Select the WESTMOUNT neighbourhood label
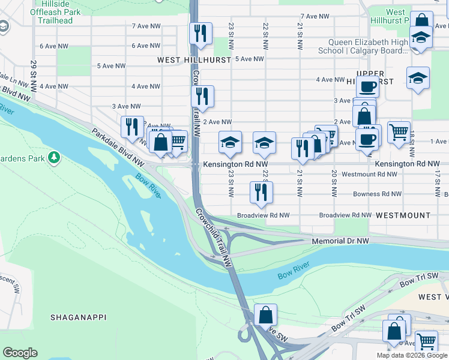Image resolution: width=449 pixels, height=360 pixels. click(x=403, y=215)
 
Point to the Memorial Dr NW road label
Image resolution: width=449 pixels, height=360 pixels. click(x=340, y=241)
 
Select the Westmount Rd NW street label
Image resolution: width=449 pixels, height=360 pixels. click(x=369, y=174)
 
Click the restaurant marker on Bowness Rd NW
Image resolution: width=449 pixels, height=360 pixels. click(x=261, y=192)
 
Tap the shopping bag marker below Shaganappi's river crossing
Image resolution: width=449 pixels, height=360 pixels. click(x=265, y=314)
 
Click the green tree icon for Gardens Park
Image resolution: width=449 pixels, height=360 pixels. click(x=55, y=158)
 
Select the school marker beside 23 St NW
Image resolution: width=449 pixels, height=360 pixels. click(x=230, y=143)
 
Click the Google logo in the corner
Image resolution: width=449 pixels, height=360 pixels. click(x=20, y=353)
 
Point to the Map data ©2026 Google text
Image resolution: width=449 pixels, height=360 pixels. click(x=412, y=355)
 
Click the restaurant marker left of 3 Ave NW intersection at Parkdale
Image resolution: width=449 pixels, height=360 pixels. click(x=132, y=127)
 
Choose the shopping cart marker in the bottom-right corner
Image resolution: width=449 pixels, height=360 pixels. click(x=426, y=341)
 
